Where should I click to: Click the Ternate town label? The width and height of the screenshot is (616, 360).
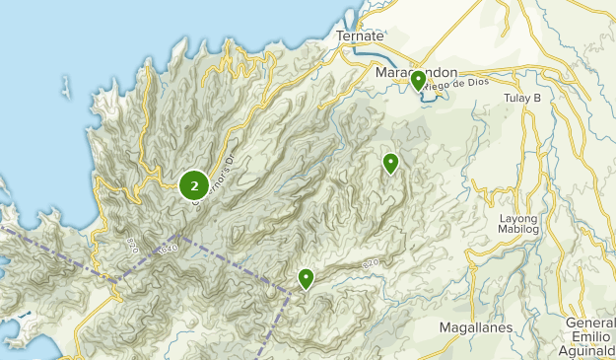pyautogui.click(x=359, y=36)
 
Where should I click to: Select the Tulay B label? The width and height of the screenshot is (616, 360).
pyautogui.click(x=523, y=98)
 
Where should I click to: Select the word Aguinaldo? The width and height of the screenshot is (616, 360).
pyautogui.click(x=587, y=352)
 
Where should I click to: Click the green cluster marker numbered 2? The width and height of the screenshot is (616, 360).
pyautogui.click(x=194, y=184)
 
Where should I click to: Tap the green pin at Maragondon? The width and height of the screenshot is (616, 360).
pyautogui.click(x=419, y=80)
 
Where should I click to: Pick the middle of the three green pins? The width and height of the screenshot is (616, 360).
pyautogui.click(x=391, y=163)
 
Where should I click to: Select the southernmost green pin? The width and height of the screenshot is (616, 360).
pyautogui.click(x=307, y=279)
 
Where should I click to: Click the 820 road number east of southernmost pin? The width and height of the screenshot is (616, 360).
pyautogui.click(x=370, y=262)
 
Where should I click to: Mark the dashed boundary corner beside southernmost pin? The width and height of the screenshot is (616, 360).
pyautogui.click(x=290, y=292)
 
